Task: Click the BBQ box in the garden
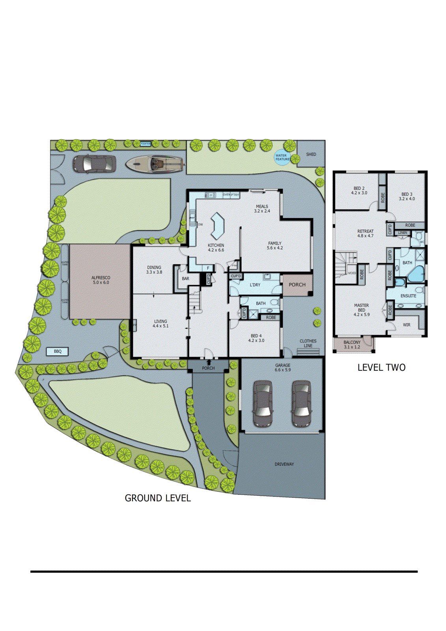tap(58, 351)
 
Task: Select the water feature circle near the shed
tap(282, 157)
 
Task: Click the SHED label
tap(311, 154)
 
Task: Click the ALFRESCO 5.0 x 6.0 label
tap(101, 280)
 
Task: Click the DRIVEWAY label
tap(284, 464)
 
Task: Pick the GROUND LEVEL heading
tap(158, 498)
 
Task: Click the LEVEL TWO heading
tap(381, 368)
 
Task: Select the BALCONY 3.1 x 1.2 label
tap(352, 345)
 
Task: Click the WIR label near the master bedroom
tap(407, 325)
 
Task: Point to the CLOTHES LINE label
tap(308, 343)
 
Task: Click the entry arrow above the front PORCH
tap(209, 362)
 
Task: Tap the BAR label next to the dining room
tap(185, 278)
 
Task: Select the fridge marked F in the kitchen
tap(208, 268)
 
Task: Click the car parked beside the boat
tap(94, 164)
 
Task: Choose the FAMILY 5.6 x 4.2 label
tap(275, 246)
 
